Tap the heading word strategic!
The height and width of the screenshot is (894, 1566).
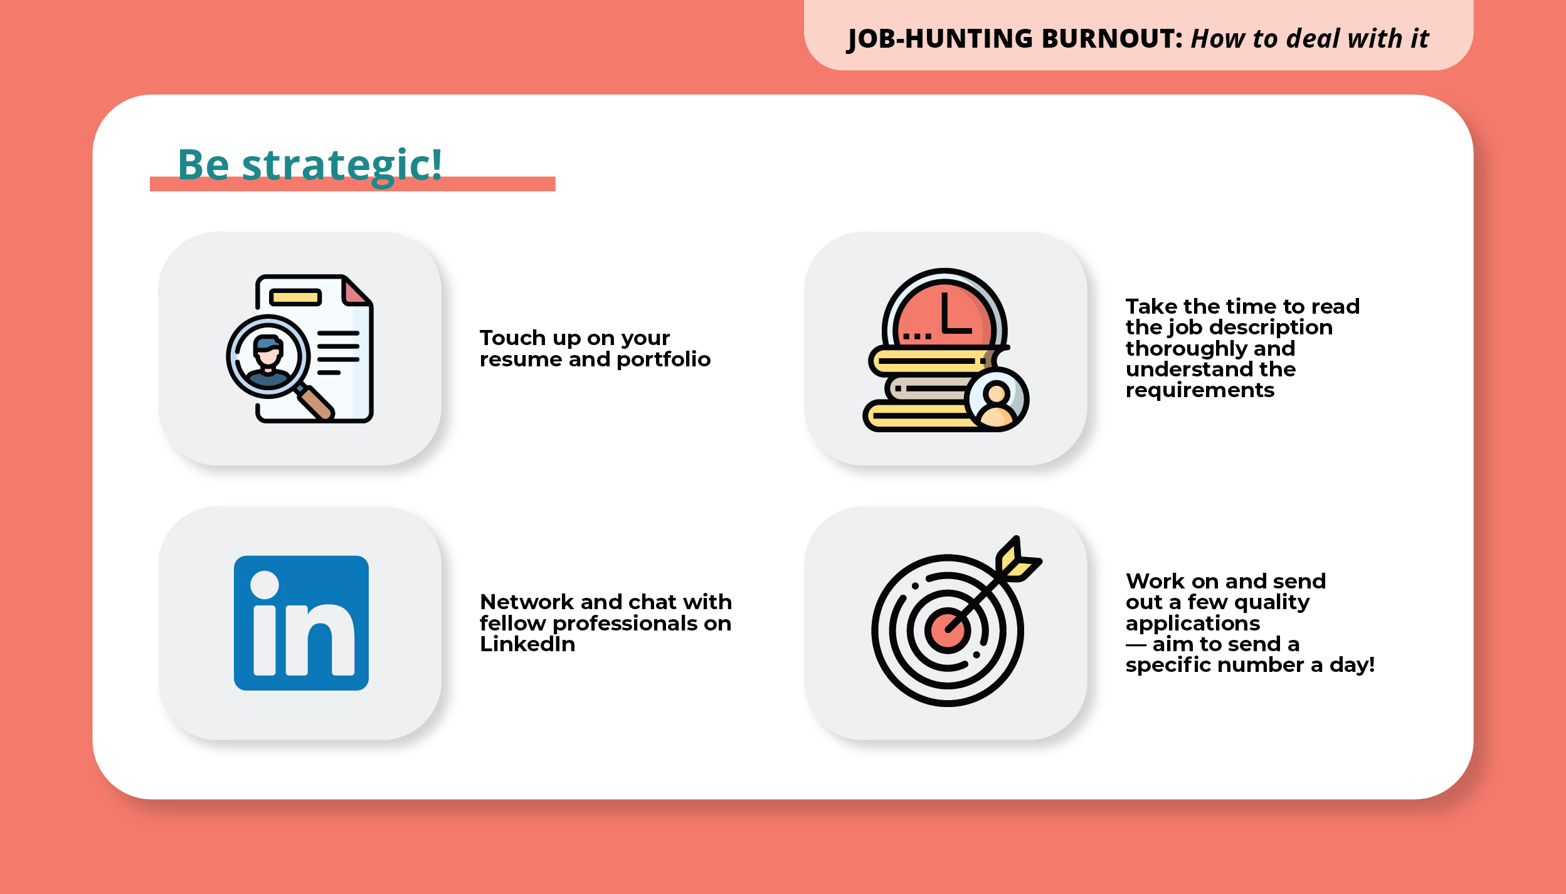342,165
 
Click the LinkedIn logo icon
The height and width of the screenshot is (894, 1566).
301,623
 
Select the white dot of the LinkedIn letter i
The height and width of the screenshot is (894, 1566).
265,585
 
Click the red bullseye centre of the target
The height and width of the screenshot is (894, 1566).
946,631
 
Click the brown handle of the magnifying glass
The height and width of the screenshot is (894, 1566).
316,403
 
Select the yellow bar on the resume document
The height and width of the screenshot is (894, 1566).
295,297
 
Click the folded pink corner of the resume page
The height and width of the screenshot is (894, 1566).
356,292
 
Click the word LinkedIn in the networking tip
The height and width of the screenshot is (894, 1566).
527,644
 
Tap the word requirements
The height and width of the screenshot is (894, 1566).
1200,390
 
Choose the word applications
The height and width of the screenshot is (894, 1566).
1192,624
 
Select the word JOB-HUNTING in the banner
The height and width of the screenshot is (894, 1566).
940,39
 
